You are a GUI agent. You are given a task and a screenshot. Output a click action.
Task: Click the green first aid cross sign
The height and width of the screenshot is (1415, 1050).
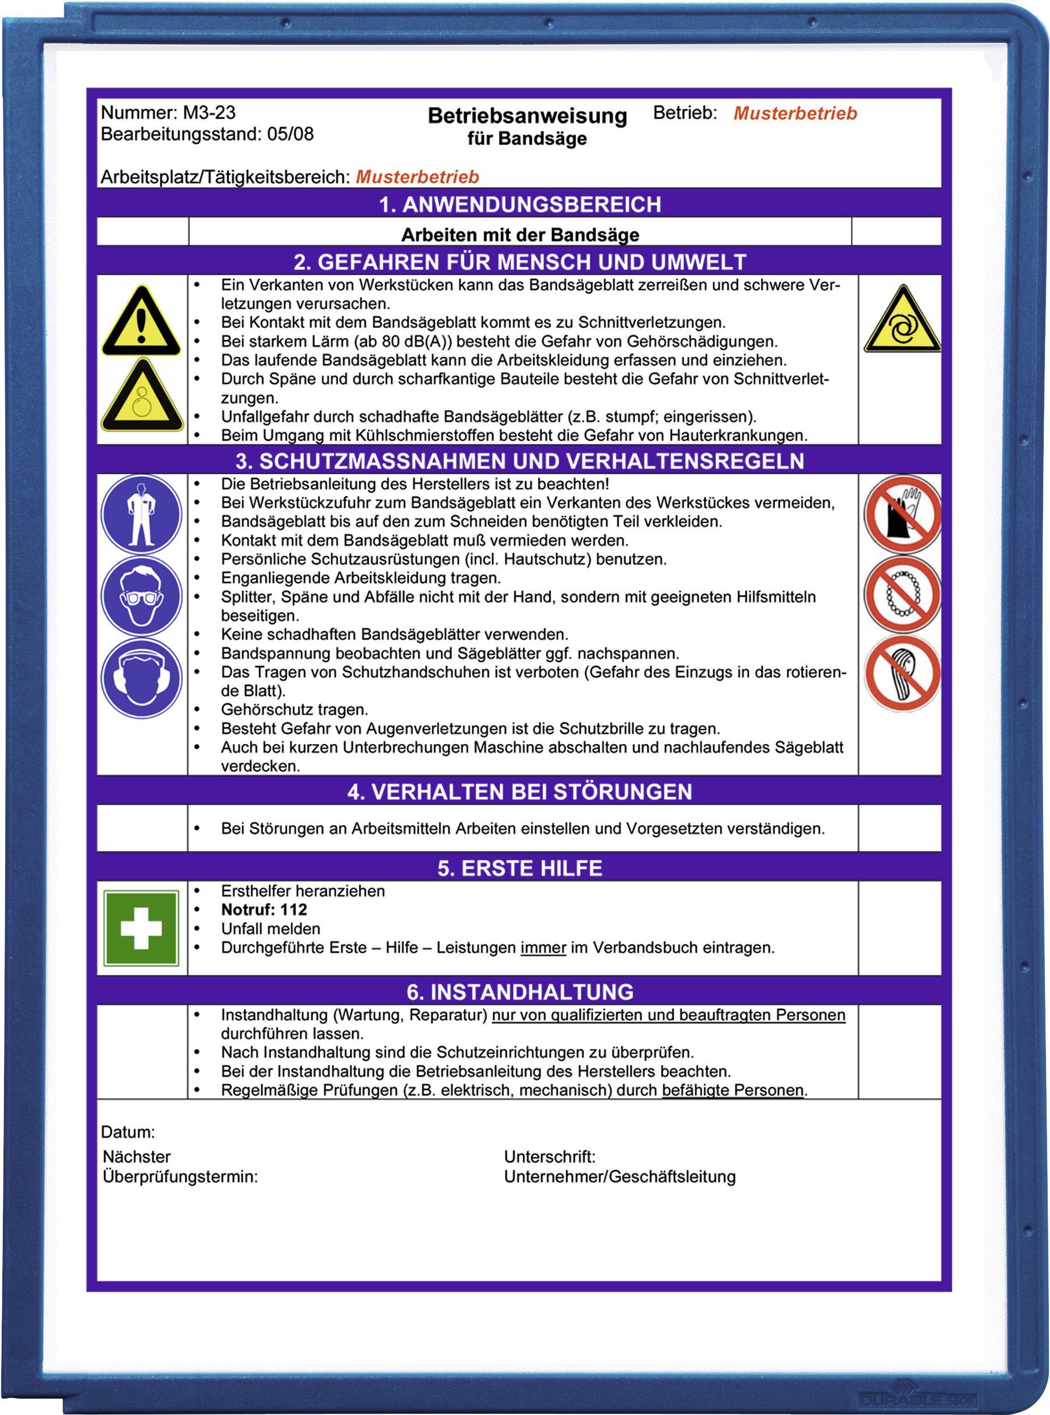pos(141,927)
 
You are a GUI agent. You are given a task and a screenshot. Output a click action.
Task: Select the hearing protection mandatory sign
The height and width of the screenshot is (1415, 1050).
pos(141,678)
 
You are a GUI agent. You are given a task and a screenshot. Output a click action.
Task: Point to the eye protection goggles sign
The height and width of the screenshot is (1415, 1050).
pos(141,596)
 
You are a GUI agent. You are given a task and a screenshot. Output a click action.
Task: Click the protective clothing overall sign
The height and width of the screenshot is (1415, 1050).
pos(141,514)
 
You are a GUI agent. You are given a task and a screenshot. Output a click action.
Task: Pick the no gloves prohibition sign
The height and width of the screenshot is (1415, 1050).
pos(902,514)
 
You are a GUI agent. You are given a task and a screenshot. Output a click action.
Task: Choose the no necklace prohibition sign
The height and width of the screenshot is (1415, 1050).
pos(902,594)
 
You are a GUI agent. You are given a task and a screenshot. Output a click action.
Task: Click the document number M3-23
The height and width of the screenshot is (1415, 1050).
pos(209,112)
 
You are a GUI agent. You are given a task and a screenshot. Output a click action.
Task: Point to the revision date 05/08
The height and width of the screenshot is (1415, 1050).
pos(290,134)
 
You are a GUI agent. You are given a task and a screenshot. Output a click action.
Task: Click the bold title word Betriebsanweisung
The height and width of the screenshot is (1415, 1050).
pos(527,116)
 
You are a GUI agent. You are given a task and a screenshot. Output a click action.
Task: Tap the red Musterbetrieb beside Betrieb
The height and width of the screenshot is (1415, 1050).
pos(794,113)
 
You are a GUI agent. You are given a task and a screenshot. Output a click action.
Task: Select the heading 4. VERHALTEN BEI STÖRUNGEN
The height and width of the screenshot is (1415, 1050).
pos(519,791)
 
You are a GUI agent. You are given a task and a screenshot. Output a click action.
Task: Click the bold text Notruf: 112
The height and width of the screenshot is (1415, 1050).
pos(264,910)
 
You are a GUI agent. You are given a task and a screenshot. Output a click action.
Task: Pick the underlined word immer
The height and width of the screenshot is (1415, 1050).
pos(543,947)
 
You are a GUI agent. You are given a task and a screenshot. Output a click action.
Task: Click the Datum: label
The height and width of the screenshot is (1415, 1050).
pos(128,1131)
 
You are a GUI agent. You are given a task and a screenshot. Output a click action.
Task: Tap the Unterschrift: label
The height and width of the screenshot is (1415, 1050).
pos(549,1156)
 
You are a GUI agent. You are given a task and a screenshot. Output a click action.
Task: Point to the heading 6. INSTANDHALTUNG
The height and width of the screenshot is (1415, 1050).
pos(519,992)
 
